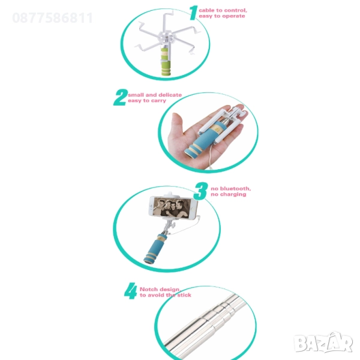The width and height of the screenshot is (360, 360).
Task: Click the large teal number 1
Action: click(193, 13)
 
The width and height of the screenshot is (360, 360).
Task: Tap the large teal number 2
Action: click(121, 97)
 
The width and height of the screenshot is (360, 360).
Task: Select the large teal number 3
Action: click(200, 191)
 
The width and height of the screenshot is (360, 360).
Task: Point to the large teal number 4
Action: click(131, 291)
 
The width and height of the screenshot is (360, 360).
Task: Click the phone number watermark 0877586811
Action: click(53, 18)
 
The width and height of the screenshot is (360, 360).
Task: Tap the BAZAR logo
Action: click(323, 343)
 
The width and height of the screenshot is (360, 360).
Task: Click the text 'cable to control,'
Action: click(223, 10)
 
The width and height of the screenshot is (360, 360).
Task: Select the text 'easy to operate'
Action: click(222, 16)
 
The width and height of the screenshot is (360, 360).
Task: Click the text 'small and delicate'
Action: click(155, 95)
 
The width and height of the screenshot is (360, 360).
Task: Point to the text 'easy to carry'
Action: click(147, 101)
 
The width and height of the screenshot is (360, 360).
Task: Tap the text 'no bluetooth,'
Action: click(231, 188)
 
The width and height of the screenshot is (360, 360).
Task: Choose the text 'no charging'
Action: click(229, 194)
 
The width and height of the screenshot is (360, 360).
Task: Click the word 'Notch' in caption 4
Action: click(148, 289)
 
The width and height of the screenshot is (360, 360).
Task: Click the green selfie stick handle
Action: click(166, 62)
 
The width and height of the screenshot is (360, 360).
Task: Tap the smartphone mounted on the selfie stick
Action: click(173, 208)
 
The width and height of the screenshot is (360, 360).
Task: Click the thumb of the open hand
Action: click(176, 125)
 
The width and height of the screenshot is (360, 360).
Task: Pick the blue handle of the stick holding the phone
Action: click(154, 250)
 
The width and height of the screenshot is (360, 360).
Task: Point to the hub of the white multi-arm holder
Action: click(166, 37)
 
